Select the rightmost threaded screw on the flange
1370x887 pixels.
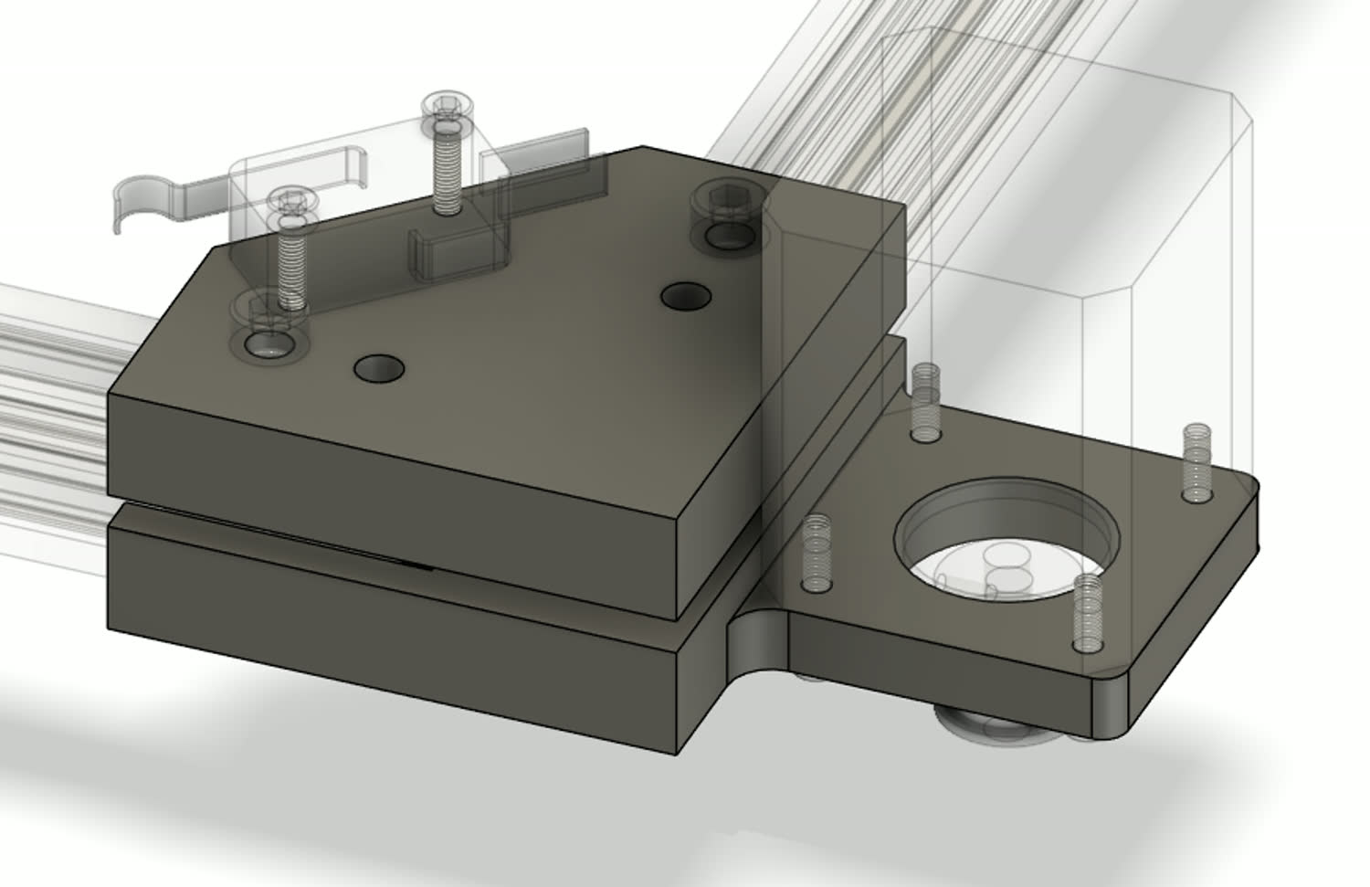1196,461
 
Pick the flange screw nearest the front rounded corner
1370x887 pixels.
1087,612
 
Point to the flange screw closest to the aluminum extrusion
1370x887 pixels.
926,402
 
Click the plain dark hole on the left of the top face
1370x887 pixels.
380,368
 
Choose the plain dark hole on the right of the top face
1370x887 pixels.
686,296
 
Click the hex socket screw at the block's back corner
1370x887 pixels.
726,199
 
